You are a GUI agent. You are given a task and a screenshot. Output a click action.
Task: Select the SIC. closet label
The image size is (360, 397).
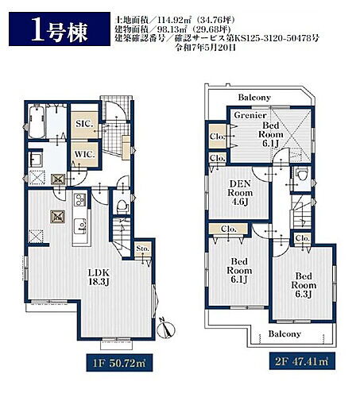pos(84,125)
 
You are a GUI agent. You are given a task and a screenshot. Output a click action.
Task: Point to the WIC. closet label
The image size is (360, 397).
pos(84,152)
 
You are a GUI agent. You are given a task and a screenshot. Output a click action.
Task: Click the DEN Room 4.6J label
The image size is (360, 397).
pos(242,191)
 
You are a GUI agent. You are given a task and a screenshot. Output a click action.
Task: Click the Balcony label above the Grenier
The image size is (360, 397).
pos(254,98)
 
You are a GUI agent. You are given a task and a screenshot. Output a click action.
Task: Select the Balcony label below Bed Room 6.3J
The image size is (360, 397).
pos(283,334)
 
